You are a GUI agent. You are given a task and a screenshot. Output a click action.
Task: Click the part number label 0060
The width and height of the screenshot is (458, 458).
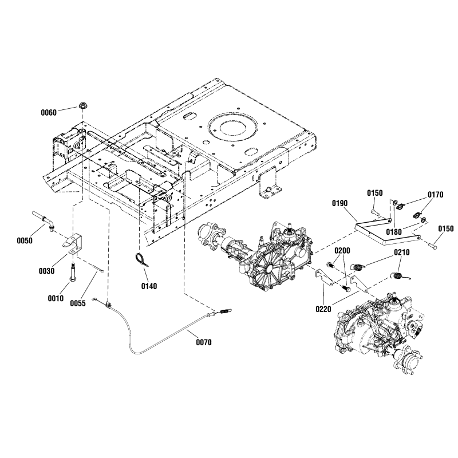49,113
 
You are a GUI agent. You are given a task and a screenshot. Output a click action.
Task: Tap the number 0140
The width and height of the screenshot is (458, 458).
148,285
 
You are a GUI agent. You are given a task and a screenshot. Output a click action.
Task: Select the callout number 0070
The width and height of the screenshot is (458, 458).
203,343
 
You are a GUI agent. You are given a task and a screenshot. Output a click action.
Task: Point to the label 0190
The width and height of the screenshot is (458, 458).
340,203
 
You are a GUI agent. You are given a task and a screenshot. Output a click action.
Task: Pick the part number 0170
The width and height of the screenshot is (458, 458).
435,195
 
